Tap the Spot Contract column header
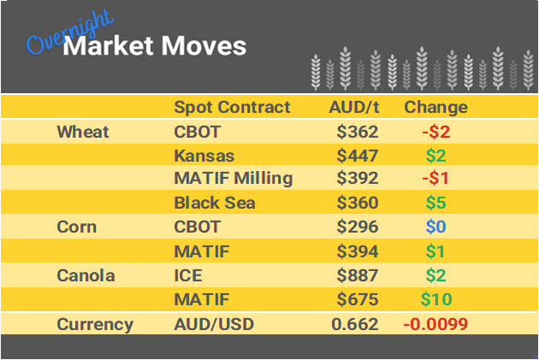(x=232, y=108)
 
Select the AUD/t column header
(x=354, y=108)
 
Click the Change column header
(x=435, y=108)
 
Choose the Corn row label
(x=76, y=227)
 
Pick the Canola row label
(x=84, y=275)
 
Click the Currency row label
(x=95, y=324)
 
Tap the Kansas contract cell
(x=204, y=156)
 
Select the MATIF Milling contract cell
(x=233, y=180)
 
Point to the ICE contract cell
(x=189, y=275)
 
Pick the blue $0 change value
(x=435, y=227)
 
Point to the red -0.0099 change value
(x=435, y=324)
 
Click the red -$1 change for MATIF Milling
(x=435, y=180)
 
